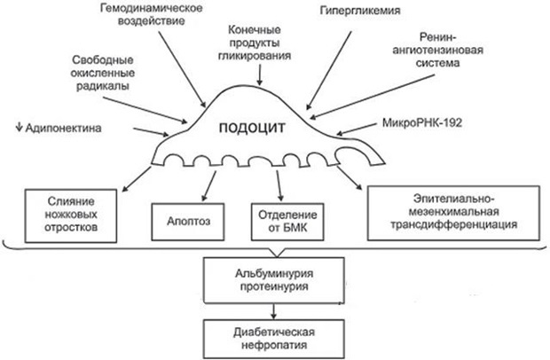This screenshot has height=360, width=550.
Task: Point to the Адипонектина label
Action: coord(59,128)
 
